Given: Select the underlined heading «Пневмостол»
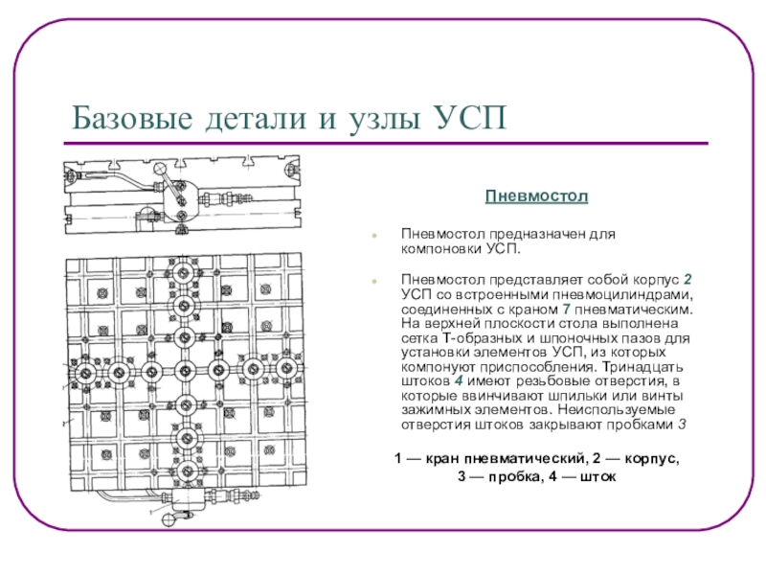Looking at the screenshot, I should click(535, 196).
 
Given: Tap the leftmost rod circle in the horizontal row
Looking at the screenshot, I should click(85, 372).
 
